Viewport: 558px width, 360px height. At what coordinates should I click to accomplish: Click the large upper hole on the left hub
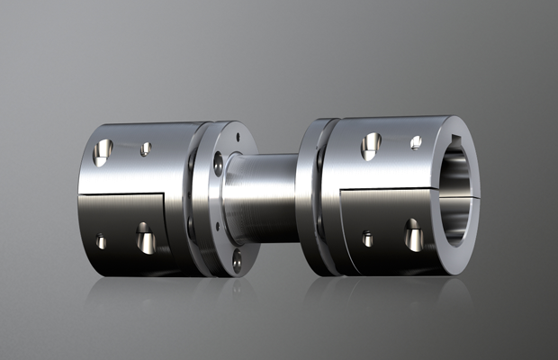[x=104, y=149]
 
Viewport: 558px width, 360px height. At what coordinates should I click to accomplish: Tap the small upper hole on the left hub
[x=145, y=148]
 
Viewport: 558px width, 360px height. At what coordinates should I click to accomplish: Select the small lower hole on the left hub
[x=101, y=241]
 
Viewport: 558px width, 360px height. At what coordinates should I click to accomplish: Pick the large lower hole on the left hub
[x=144, y=238]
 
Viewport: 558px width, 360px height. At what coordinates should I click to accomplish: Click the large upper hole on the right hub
[x=371, y=146]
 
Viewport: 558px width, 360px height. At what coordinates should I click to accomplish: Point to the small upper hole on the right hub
[x=416, y=142]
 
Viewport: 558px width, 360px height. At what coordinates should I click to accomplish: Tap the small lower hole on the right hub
[x=368, y=238]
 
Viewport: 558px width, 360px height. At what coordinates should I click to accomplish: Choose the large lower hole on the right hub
[x=414, y=235]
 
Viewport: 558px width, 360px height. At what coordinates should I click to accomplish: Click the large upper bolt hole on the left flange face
[x=218, y=164]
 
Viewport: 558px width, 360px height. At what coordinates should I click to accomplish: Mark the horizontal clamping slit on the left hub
[x=135, y=193]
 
